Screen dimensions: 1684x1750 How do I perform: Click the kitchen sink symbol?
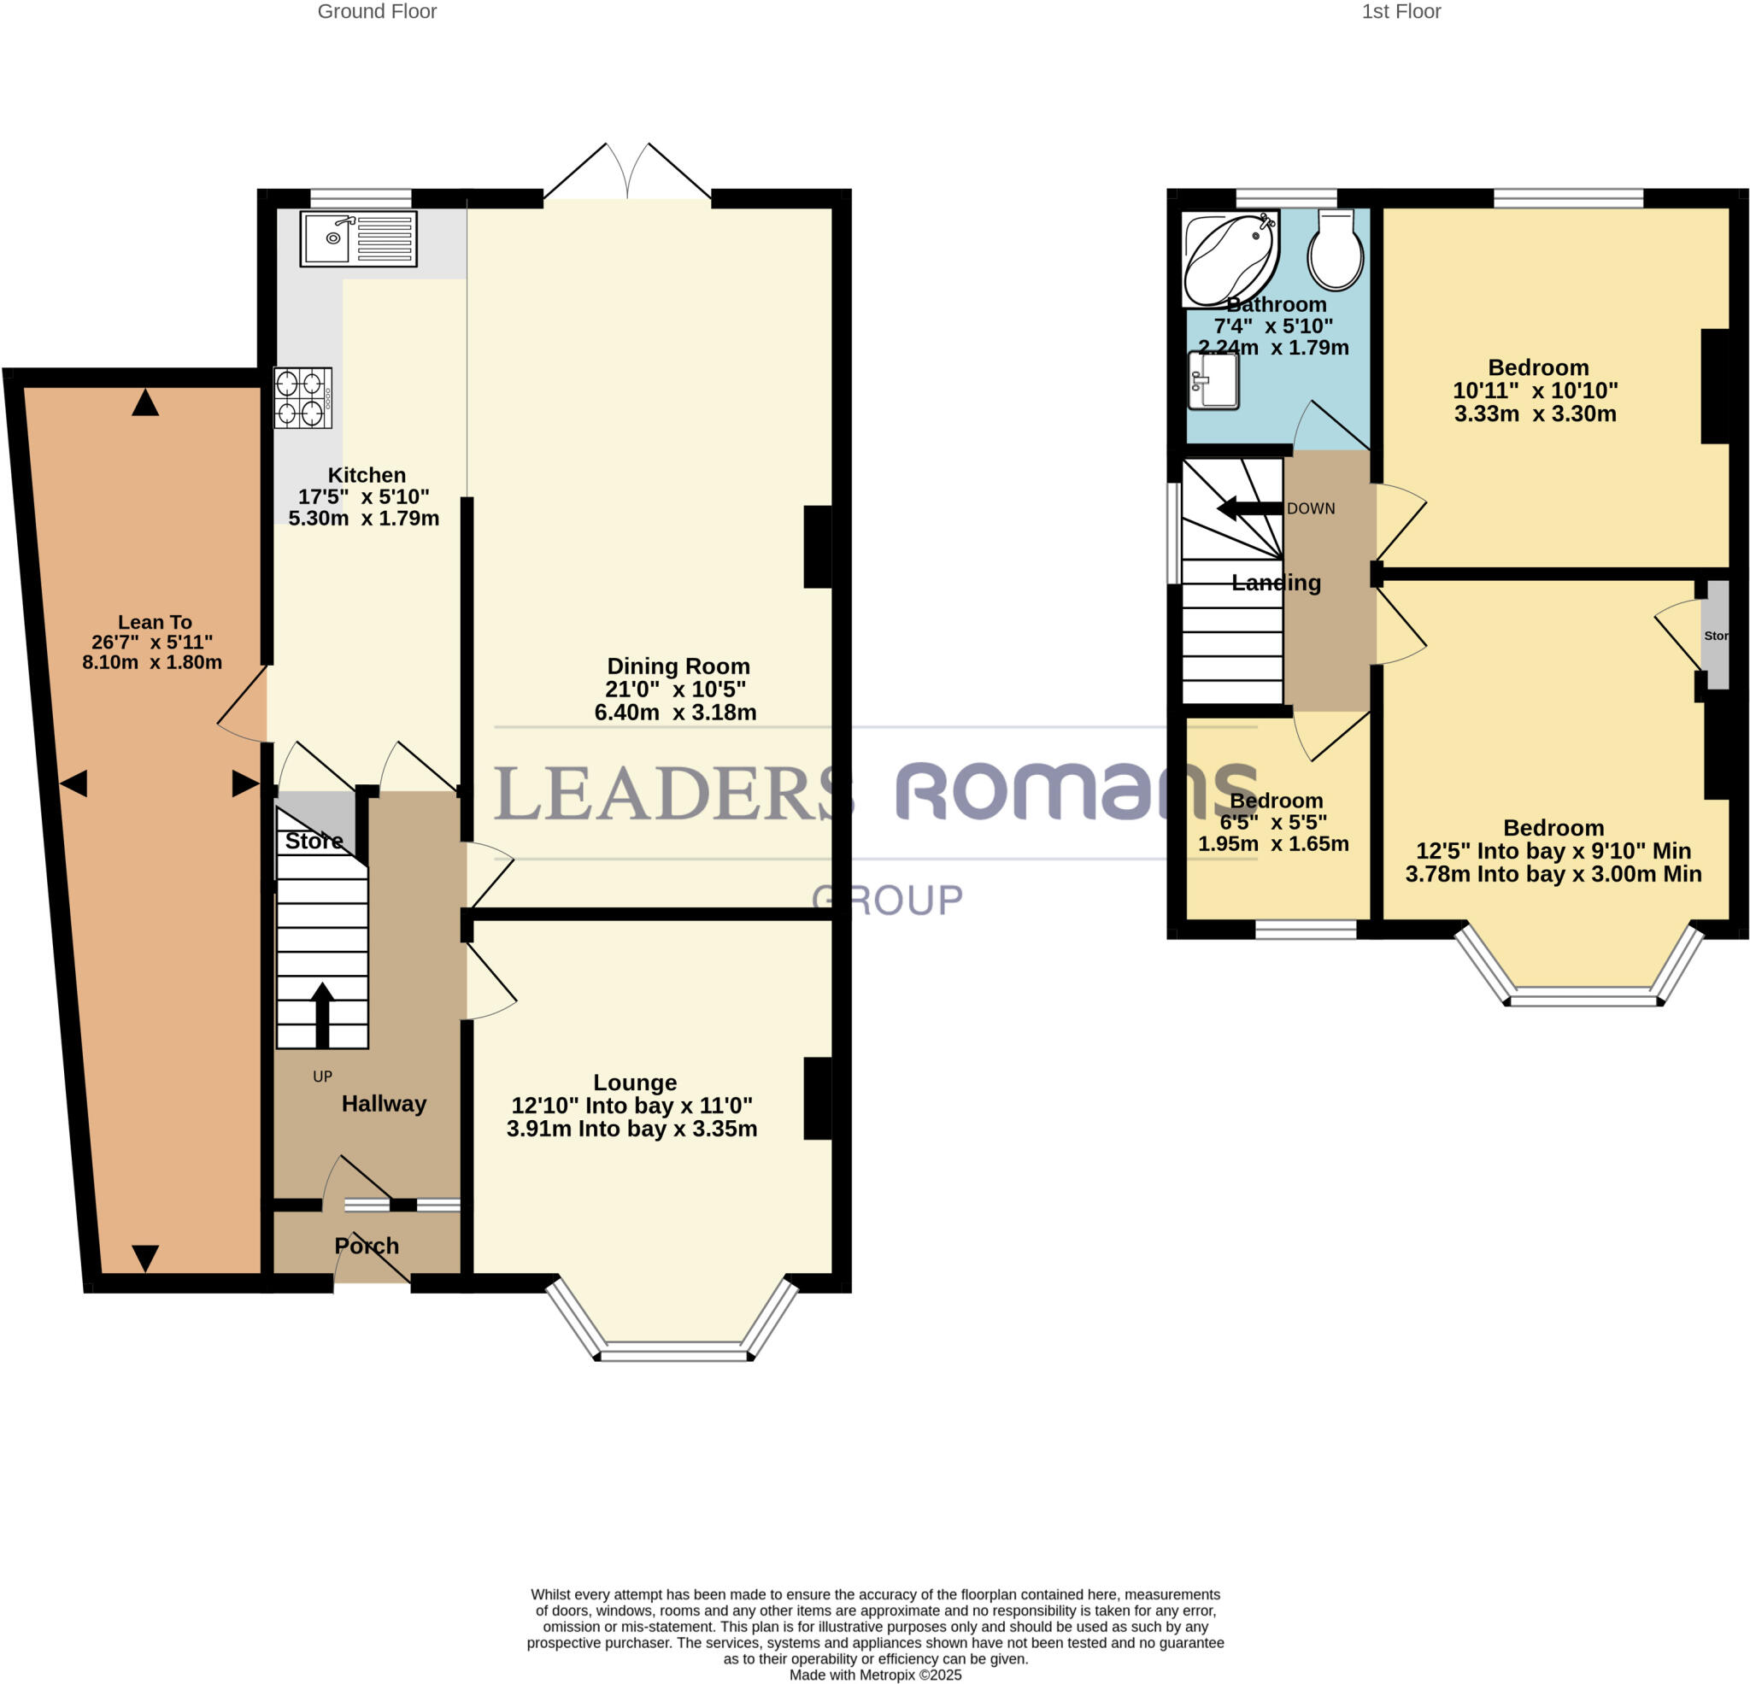point(358,238)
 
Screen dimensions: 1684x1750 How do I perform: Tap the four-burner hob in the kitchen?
point(302,398)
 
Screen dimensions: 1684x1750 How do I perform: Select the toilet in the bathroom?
point(1335,252)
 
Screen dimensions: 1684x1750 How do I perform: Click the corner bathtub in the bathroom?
point(1229,256)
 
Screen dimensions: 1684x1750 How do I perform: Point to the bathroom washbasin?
point(1213,381)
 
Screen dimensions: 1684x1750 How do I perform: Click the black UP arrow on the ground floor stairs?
point(321,1014)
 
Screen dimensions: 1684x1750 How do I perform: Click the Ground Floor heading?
point(377,12)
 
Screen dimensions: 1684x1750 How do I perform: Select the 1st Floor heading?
point(1401,12)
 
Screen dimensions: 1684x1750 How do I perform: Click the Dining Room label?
point(678,666)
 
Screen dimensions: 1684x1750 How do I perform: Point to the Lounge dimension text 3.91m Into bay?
point(631,1129)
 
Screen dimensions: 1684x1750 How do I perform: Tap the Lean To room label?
point(155,622)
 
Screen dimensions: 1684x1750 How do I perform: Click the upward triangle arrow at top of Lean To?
point(144,402)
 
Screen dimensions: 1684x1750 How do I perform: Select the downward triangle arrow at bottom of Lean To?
point(144,1257)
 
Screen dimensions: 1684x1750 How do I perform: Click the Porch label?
point(366,1246)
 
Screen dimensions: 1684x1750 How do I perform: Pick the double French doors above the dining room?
point(628,172)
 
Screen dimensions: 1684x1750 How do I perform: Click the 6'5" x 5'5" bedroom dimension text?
point(1273,821)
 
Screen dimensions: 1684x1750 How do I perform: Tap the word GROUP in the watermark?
point(888,900)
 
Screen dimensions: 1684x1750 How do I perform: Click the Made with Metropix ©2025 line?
point(875,1675)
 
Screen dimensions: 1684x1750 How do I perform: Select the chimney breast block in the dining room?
point(817,548)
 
